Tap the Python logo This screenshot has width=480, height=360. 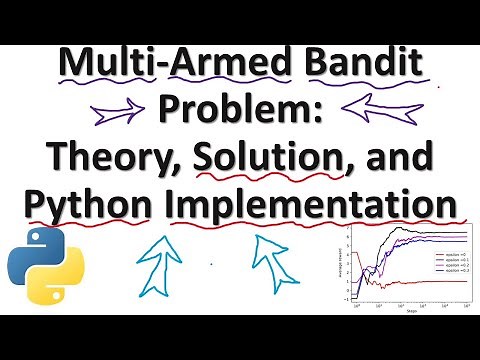pyautogui.click(x=38, y=267)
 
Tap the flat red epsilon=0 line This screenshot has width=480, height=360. pyautogui.click(x=410, y=281)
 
